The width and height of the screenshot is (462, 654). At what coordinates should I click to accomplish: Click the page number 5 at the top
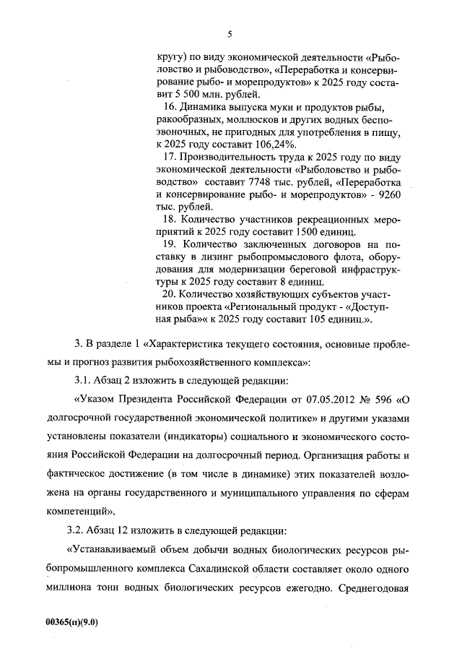[230, 33]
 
